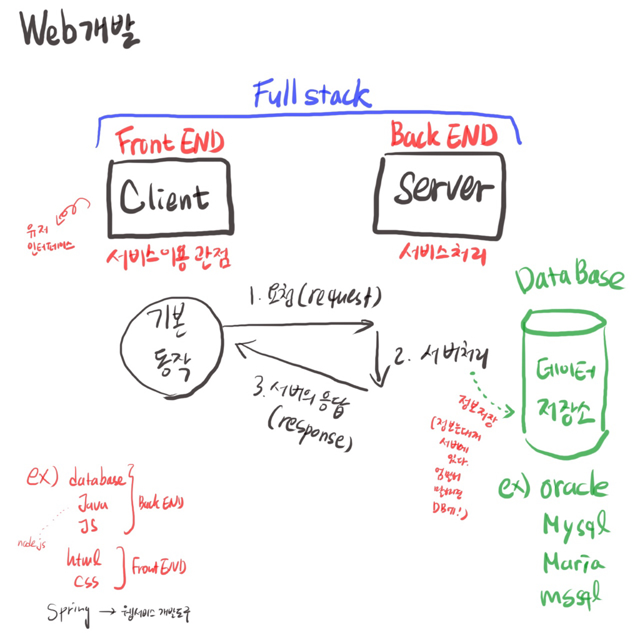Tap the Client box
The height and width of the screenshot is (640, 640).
tap(171, 197)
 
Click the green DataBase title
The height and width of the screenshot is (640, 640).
tap(569, 280)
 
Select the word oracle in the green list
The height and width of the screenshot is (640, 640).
tap(574, 487)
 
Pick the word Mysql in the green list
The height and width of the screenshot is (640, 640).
tap(575, 527)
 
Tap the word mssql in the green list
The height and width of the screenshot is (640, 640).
tap(571, 596)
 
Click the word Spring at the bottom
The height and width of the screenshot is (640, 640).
tap(69, 612)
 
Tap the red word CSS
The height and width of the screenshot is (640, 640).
tap(86, 582)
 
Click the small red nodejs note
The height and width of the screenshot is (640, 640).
tap(32, 544)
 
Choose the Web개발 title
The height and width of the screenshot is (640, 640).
tap(80, 31)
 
